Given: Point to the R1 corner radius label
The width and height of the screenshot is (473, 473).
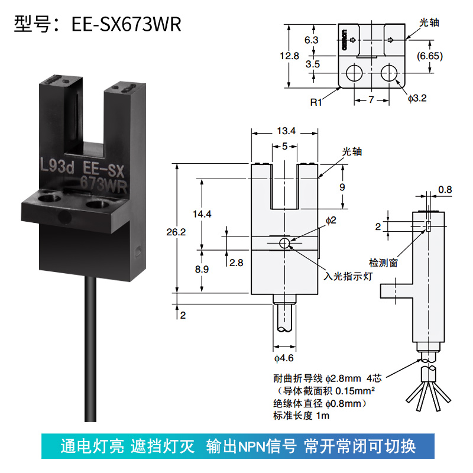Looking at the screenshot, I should click(x=316, y=102).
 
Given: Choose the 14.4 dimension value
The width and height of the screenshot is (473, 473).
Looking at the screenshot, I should click(x=202, y=214).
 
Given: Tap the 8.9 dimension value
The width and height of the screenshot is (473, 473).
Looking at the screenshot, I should click(x=202, y=270).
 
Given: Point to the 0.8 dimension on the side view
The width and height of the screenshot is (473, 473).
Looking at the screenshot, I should click(x=445, y=190).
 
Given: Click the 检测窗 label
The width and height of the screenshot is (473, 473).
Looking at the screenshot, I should click(x=383, y=261).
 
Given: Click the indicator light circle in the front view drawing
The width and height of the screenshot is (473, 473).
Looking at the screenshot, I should click(x=285, y=243).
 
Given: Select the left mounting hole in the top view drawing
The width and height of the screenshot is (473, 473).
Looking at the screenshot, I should click(x=354, y=73).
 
